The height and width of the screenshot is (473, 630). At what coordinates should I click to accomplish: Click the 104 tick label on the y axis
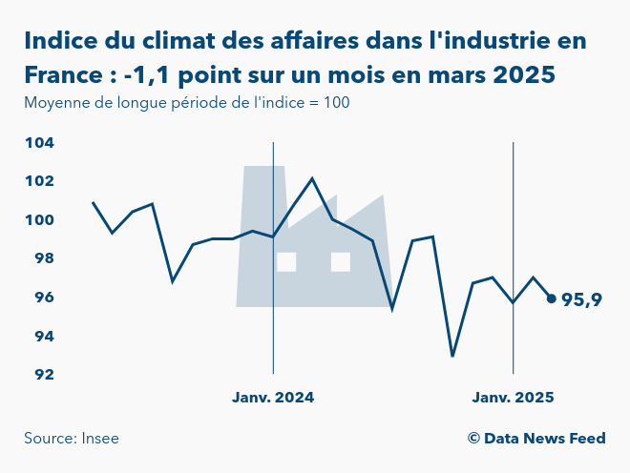39,143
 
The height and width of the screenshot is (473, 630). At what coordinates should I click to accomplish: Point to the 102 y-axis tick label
39,181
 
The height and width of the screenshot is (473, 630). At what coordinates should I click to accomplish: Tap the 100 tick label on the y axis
39,220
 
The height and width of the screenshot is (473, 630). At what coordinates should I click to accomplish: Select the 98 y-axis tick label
42,258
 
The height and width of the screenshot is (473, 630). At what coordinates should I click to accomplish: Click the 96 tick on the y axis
42,298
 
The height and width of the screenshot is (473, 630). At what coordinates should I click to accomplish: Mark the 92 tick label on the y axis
42,375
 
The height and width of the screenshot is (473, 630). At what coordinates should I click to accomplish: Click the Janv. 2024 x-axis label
273,397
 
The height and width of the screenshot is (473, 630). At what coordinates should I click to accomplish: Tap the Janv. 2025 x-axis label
514,397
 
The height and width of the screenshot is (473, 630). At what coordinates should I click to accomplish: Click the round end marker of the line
551,298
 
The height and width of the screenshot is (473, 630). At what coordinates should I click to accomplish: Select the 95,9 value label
581,300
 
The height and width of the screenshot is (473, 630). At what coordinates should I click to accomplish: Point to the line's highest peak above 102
312,178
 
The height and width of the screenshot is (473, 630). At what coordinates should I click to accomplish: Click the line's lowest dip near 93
452,356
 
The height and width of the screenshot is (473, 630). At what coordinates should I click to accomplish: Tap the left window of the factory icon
286,261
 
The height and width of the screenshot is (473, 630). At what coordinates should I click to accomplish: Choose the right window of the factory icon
341,261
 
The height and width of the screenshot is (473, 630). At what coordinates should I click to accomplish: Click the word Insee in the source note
100,439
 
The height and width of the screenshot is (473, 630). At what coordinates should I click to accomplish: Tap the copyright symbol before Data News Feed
473,439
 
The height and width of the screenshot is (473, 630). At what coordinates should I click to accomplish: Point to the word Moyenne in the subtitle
54,102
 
